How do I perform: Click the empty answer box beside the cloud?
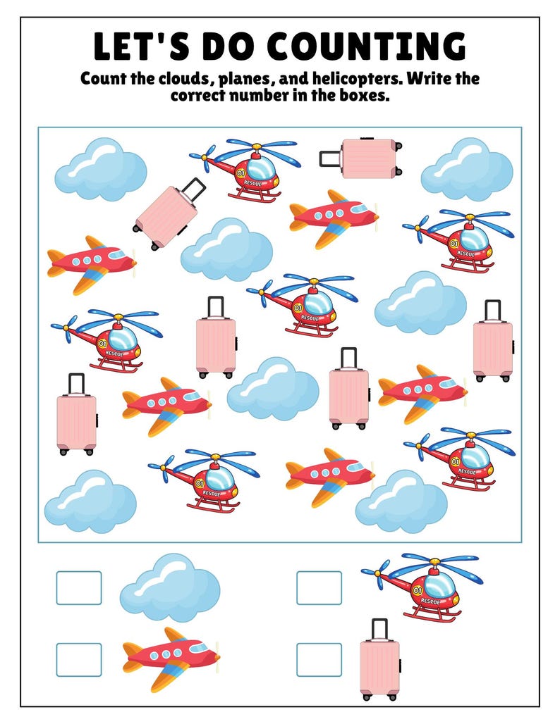pyautogui.click(x=79, y=587)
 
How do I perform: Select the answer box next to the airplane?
pyautogui.click(x=79, y=659)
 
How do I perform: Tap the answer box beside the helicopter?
pyautogui.click(x=319, y=587)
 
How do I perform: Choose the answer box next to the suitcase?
pyautogui.click(x=319, y=659)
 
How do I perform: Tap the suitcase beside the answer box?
pyautogui.click(x=379, y=666)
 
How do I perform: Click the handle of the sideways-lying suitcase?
pyautogui.click(x=329, y=158)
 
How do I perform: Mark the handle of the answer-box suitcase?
pyautogui.click(x=379, y=628)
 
